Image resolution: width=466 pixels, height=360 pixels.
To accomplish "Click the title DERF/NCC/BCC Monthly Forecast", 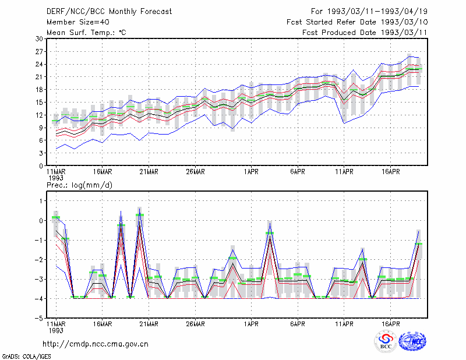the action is [109, 12].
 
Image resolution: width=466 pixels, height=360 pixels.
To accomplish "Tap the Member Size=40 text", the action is [78, 22].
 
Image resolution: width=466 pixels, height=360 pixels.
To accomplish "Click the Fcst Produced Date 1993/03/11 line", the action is [365, 33].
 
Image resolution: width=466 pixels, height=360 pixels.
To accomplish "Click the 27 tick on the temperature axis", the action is [39, 52].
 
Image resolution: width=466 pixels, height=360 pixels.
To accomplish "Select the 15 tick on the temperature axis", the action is [39, 103].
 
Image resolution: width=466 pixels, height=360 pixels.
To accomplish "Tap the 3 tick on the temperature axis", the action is [41, 153].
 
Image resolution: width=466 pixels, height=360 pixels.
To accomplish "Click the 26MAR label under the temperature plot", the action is [195, 172].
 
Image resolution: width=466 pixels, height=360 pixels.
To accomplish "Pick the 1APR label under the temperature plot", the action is [251, 172].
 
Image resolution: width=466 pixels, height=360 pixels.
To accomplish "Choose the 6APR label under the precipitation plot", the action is [298, 324].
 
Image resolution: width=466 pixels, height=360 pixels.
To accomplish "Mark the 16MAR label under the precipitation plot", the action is [103, 324].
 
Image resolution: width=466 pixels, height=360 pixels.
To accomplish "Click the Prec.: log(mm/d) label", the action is [79, 185].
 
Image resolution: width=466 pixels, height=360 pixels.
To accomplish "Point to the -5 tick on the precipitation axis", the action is [39, 319].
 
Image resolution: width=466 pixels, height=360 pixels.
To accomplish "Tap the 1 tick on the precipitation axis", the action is [41, 201].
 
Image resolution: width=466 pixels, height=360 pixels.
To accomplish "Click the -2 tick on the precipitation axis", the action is [39, 260].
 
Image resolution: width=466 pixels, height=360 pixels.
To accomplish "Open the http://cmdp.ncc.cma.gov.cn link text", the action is [96, 344].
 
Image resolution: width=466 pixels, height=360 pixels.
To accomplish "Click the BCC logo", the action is [386, 341].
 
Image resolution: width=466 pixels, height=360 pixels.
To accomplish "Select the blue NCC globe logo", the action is [412, 341].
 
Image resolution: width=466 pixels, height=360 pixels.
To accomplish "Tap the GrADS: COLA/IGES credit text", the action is [26, 357].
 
